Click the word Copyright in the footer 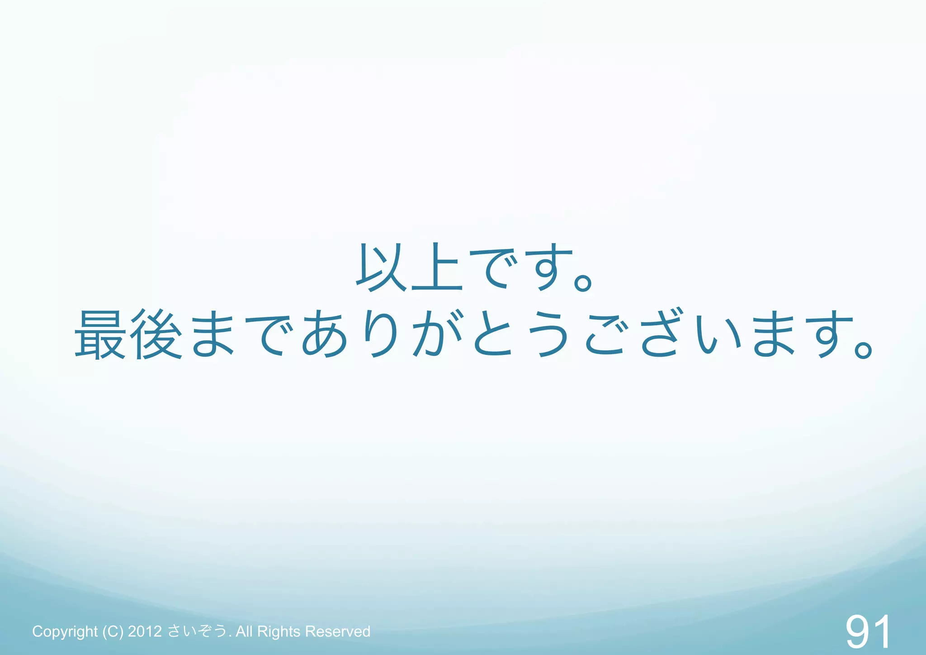(65, 631)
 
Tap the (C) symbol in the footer (113, 631)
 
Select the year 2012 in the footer (145, 631)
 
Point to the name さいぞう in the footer (197, 631)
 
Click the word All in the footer (244, 631)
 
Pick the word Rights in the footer (279, 631)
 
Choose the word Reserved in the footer (337, 631)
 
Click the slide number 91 (868, 632)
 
